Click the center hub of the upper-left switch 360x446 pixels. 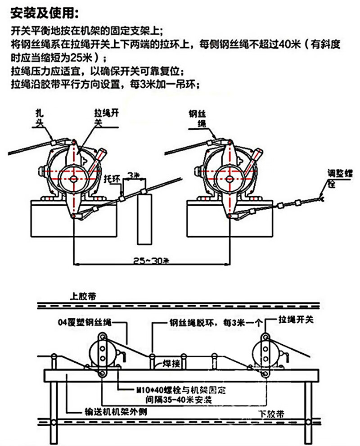[x=73, y=179]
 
